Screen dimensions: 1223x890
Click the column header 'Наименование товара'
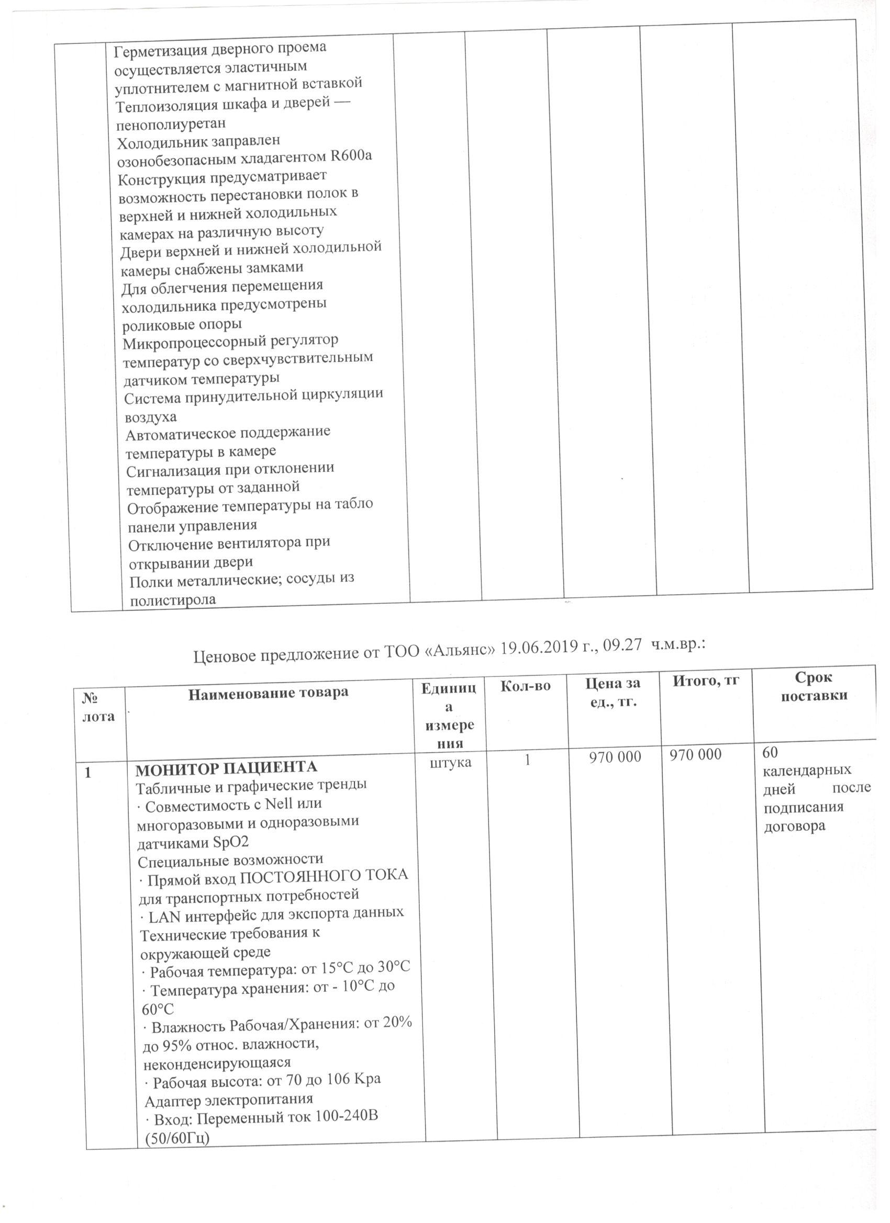tap(268, 692)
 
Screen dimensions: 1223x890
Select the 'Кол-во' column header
tap(525, 686)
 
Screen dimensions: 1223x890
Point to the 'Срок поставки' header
tap(814, 686)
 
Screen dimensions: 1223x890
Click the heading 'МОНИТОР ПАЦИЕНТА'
tap(226, 767)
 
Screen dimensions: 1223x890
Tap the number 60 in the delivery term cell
tap(771, 752)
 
